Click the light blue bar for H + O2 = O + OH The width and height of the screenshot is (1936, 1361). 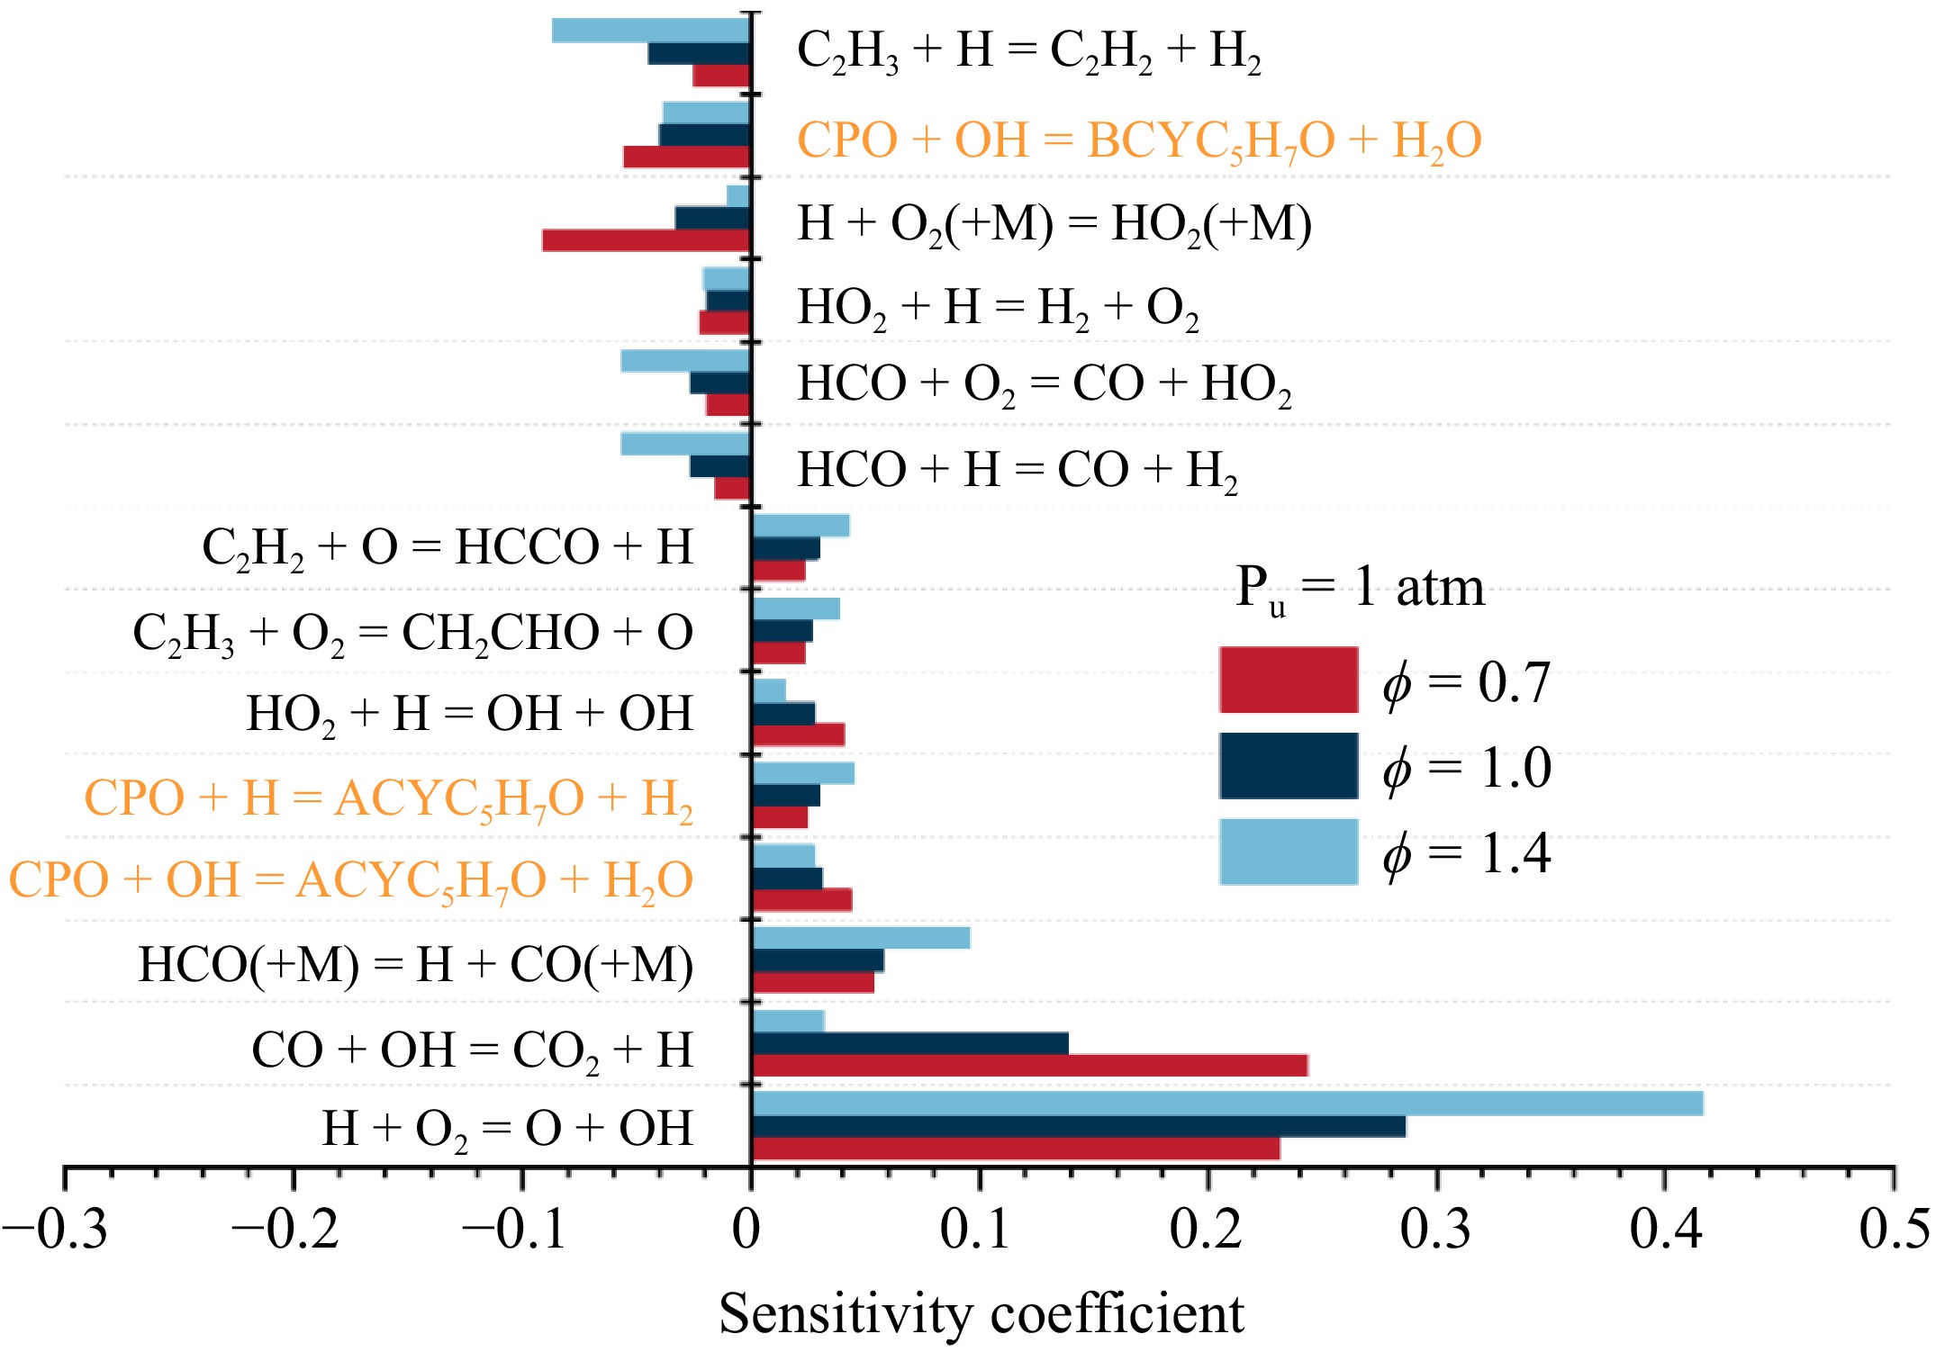(x=1226, y=1104)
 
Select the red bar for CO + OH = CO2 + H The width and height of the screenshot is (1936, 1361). (x=1029, y=1066)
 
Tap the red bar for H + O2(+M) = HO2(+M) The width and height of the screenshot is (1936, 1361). (x=647, y=240)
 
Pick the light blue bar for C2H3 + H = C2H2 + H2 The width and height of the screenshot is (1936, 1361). (x=651, y=31)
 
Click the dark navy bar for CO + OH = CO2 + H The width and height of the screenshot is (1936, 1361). (x=909, y=1043)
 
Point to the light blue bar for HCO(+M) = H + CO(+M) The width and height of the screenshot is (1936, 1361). (x=861, y=938)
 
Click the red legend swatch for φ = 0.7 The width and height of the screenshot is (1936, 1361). (x=1289, y=680)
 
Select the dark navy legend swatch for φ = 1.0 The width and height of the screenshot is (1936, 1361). (x=1289, y=766)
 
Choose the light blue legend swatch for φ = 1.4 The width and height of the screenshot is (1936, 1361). (x=1289, y=852)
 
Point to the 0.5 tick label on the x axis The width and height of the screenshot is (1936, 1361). (x=1894, y=1230)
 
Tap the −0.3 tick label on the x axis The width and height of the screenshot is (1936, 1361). (x=56, y=1230)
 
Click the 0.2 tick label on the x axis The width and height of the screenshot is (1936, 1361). (x=1207, y=1230)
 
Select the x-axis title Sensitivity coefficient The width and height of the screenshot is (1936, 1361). (x=981, y=1313)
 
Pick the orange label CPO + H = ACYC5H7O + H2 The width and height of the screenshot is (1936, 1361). (x=388, y=799)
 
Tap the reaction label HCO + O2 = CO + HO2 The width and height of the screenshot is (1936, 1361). (x=1045, y=385)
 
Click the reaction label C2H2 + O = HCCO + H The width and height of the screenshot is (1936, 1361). (x=448, y=548)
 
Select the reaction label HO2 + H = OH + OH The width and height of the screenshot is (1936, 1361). (x=469, y=715)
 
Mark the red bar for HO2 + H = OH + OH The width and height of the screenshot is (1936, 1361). (x=798, y=735)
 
